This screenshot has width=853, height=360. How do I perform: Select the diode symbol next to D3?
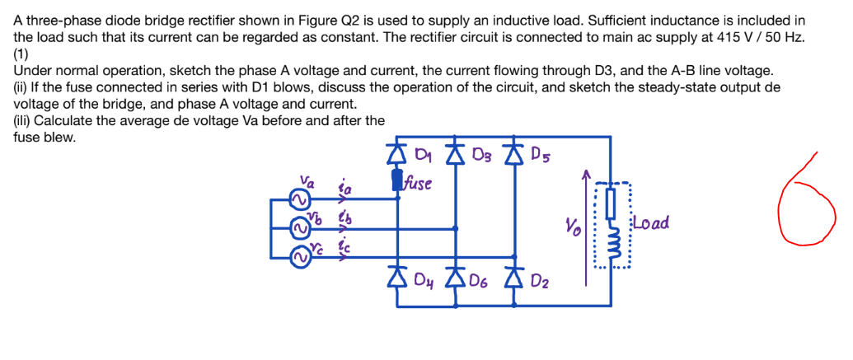tap(457, 154)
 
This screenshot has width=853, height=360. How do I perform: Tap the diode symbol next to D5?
tap(515, 154)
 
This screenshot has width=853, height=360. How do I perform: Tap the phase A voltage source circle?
tap(299, 199)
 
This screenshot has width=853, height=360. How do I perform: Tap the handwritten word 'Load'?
tap(651, 223)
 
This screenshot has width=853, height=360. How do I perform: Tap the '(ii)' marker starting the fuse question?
tap(22, 88)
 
